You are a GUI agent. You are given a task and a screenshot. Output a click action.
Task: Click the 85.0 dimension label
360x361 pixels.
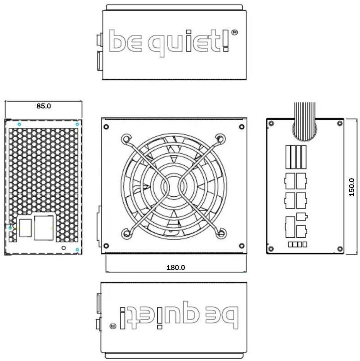(x=44, y=106)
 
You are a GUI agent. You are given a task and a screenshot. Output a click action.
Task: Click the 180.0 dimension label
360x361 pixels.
(x=175, y=268)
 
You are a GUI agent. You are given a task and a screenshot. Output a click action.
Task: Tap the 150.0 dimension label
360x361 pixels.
(x=351, y=187)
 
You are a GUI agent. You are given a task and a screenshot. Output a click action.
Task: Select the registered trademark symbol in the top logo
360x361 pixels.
(x=234, y=32)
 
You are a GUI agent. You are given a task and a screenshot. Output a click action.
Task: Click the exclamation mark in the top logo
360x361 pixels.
(x=226, y=40)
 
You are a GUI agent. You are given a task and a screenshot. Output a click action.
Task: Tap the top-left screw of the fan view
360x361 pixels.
(x=106, y=127)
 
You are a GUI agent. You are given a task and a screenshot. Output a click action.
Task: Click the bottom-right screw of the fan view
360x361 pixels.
(x=241, y=246)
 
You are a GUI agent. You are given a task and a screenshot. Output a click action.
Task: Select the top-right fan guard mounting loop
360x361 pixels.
(x=220, y=139)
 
